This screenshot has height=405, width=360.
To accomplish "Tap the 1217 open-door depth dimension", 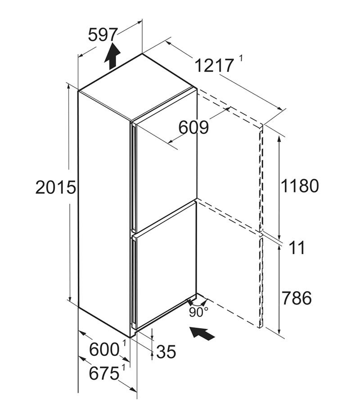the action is [x=214, y=65].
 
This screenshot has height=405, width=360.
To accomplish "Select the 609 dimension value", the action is [x=193, y=127].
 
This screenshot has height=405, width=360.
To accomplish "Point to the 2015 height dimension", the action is [x=55, y=187].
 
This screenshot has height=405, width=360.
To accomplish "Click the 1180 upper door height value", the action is [x=300, y=185].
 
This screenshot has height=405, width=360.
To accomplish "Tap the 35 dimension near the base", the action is [x=166, y=351].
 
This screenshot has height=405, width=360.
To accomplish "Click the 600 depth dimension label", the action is [x=104, y=350].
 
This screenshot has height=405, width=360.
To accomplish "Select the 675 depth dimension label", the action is [x=104, y=373].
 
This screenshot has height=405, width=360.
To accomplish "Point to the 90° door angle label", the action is [x=198, y=312].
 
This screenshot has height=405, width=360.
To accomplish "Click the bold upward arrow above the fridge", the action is [x=112, y=56].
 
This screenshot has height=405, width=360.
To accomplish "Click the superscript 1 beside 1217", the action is [x=241, y=58].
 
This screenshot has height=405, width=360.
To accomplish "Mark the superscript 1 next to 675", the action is [x=123, y=367].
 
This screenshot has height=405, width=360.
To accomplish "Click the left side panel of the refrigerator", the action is [x=104, y=213].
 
